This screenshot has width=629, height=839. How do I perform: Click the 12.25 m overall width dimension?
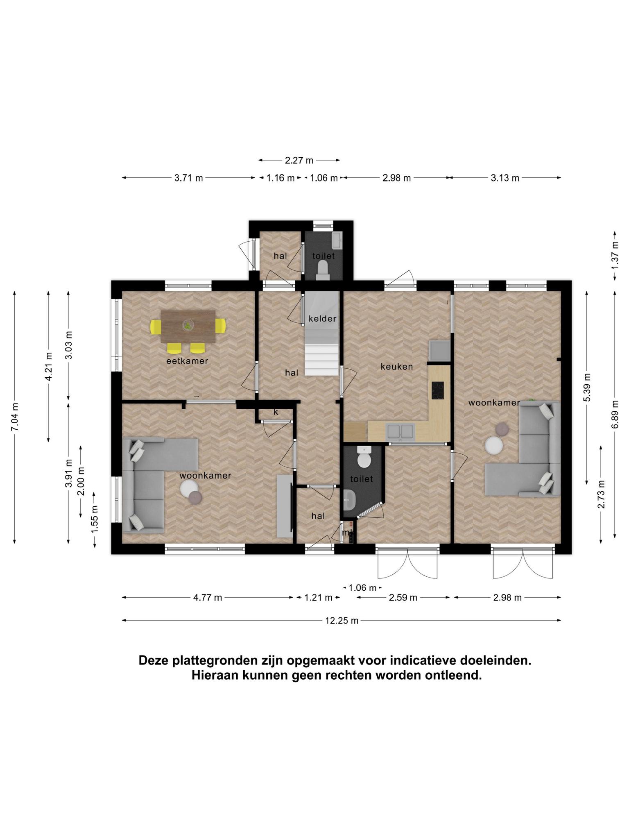pos(342,621)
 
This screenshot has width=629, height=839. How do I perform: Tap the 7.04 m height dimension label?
pos(15,417)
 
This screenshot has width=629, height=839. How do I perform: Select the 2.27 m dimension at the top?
pos(299,160)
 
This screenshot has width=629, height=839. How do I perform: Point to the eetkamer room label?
pos(187,361)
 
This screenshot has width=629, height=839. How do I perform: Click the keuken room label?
pos(396,367)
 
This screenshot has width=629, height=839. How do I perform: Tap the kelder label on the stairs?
pos(322,319)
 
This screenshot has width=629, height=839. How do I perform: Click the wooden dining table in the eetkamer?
pos(188,327)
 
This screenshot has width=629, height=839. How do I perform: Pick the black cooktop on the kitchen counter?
pos(438,390)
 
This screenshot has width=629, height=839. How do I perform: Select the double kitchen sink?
pos(401,431)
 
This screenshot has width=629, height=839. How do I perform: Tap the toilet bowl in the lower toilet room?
pos(364,457)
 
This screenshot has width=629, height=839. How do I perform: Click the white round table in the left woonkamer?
pos(189,488)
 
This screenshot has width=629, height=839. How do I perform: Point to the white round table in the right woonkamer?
pos(493,446)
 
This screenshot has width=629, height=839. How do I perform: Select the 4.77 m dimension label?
pos(208,597)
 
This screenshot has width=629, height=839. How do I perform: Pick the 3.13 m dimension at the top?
pos(505,178)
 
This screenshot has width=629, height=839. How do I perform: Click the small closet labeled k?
pos(276,413)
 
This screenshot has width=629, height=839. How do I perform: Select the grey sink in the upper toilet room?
pos(337,240)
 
